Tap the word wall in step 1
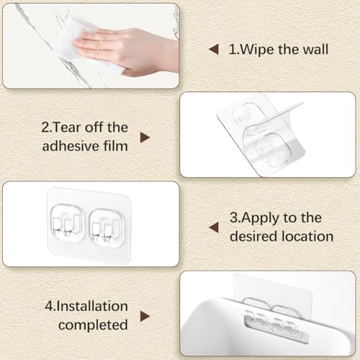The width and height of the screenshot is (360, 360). point(315,49)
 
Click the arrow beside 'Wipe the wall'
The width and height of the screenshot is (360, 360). point(214,50)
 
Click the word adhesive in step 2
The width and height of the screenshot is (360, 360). point(71,145)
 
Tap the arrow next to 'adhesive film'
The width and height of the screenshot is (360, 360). point(145,138)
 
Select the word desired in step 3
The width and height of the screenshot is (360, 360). point(253,236)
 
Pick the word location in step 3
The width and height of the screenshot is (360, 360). point(307,236)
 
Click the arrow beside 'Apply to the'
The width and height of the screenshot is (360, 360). point(214,228)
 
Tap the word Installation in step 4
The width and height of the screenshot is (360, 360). point(92,306)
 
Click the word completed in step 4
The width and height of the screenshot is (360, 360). point(93,325)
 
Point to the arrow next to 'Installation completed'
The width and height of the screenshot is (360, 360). point(145,316)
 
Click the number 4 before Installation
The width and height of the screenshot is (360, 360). point(49,306)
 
